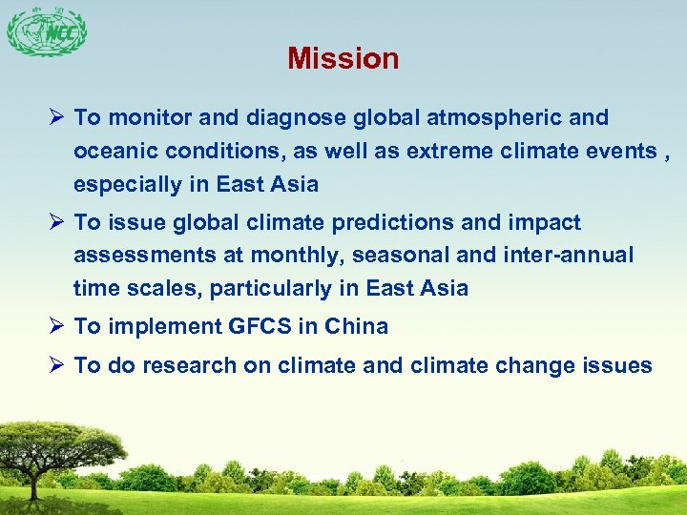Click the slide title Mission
(343, 59)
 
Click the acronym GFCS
(260, 326)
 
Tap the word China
(356, 326)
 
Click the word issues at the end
(618, 365)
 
